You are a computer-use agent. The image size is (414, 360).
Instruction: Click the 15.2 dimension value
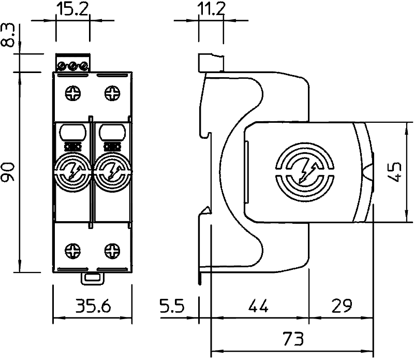tap(72, 9)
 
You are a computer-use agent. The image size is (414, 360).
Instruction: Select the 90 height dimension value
tap(8, 172)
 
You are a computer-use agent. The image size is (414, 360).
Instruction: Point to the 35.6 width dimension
tap(93, 306)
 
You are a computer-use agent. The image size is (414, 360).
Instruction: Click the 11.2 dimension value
tap(211, 9)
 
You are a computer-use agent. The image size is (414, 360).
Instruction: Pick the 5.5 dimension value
tap(172, 306)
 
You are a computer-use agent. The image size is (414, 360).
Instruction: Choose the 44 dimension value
tap(259, 306)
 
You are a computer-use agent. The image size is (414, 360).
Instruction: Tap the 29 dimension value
tap(342, 306)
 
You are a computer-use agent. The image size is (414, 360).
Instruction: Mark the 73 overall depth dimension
tap(293, 339)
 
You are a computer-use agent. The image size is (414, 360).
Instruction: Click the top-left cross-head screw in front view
tap(73, 93)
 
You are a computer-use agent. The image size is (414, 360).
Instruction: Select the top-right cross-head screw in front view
tap(112, 93)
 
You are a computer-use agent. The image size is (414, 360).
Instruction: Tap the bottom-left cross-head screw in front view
tap(73, 251)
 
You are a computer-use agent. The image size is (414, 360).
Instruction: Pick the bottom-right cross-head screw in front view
tap(112, 251)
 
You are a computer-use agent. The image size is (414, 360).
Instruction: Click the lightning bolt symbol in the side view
tap(307, 172)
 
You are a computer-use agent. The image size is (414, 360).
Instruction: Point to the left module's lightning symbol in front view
tap(73, 171)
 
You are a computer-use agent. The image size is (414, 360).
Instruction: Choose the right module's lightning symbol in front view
tap(112, 171)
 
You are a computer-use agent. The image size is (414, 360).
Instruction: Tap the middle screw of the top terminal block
tap(72, 66)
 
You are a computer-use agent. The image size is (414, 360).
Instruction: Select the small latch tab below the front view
tap(92, 278)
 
